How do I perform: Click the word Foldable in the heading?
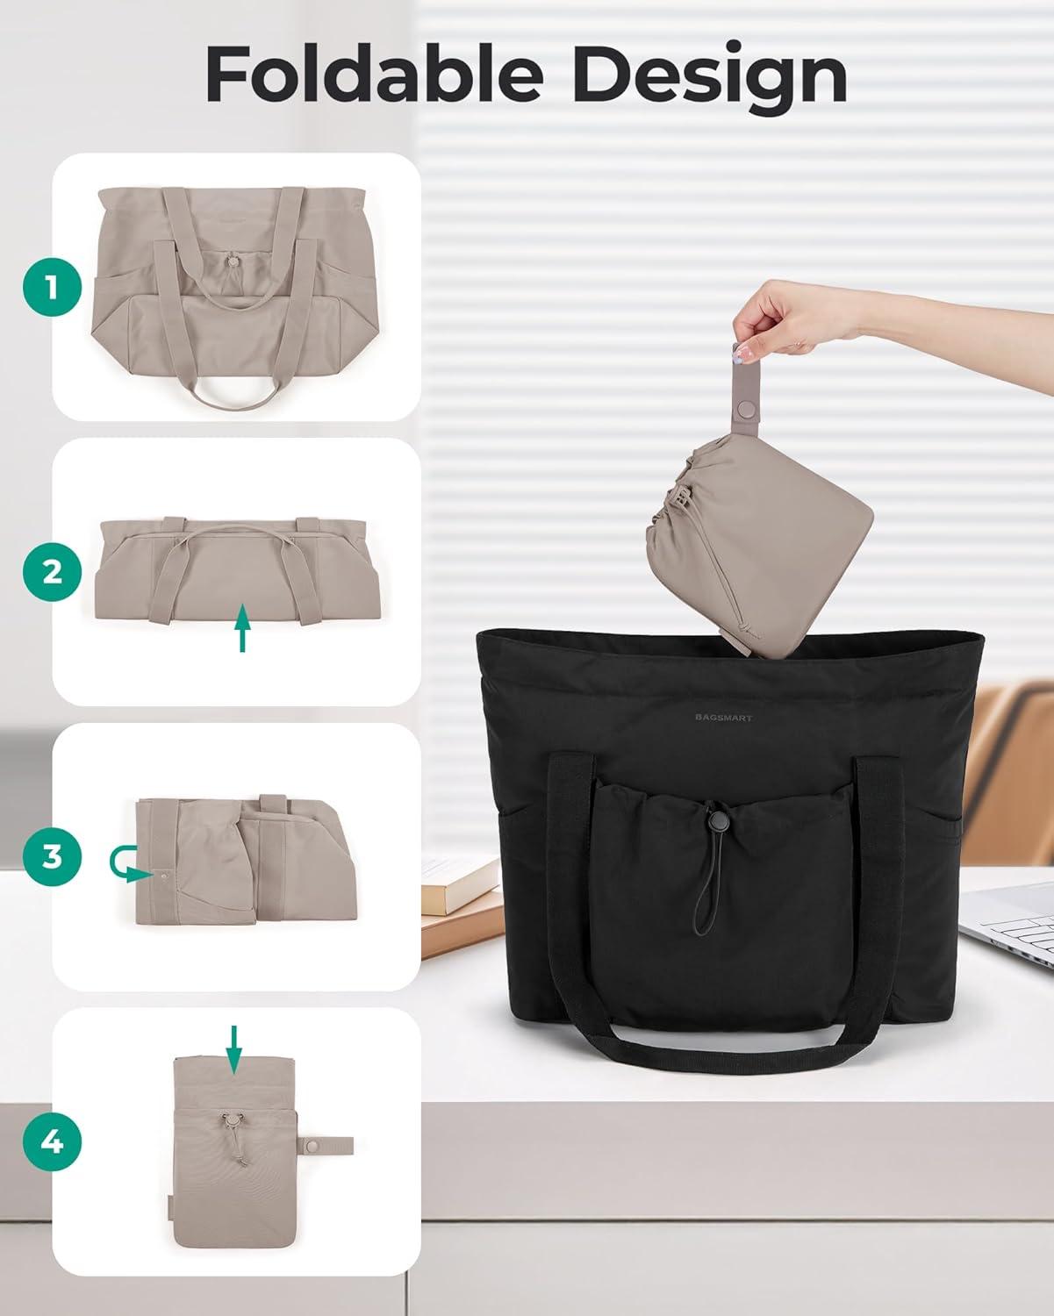point(374,74)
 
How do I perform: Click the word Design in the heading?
point(709,78)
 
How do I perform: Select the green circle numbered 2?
point(52,572)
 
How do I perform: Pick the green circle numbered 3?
point(52,857)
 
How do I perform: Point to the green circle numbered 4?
point(52,1141)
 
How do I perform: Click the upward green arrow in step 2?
point(243,627)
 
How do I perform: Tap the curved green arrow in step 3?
point(125,864)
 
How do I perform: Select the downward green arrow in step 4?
point(233,1049)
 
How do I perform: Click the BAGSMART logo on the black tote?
point(724,718)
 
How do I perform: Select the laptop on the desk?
point(1009,929)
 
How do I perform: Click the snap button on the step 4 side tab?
point(314,1144)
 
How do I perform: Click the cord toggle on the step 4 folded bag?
point(231,1119)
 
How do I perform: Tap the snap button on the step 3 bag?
point(163,876)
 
